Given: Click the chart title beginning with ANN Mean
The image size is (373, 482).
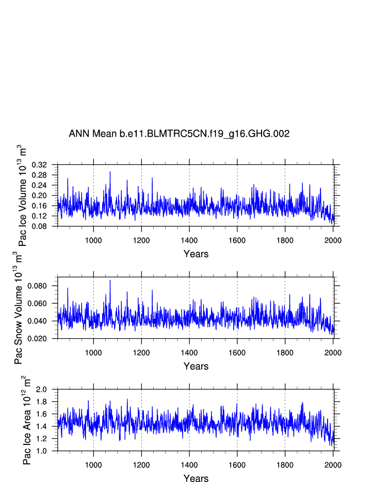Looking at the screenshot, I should pyautogui.click(x=179, y=134).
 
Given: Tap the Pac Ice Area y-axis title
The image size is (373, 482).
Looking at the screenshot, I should pyautogui.click(x=27, y=420).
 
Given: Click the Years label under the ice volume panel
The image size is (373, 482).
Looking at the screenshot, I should pyautogui.click(x=196, y=254).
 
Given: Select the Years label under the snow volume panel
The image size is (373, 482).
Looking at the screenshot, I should pyautogui.click(x=196, y=366).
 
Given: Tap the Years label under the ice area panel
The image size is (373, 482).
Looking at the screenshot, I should pyautogui.click(x=196, y=478).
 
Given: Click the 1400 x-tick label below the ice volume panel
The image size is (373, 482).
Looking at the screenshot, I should pyautogui.click(x=189, y=240).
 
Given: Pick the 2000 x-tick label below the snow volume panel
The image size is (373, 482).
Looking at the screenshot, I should pyautogui.click(x=333, y=352).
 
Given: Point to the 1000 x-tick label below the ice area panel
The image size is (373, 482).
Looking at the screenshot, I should pyautogui.click(x=93, y=464).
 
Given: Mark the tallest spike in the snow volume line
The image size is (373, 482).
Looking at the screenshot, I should pyautogui.click(x=110, y=280).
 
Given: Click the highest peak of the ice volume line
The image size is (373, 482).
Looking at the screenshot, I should pyautogui.click(x=110, y=172).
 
